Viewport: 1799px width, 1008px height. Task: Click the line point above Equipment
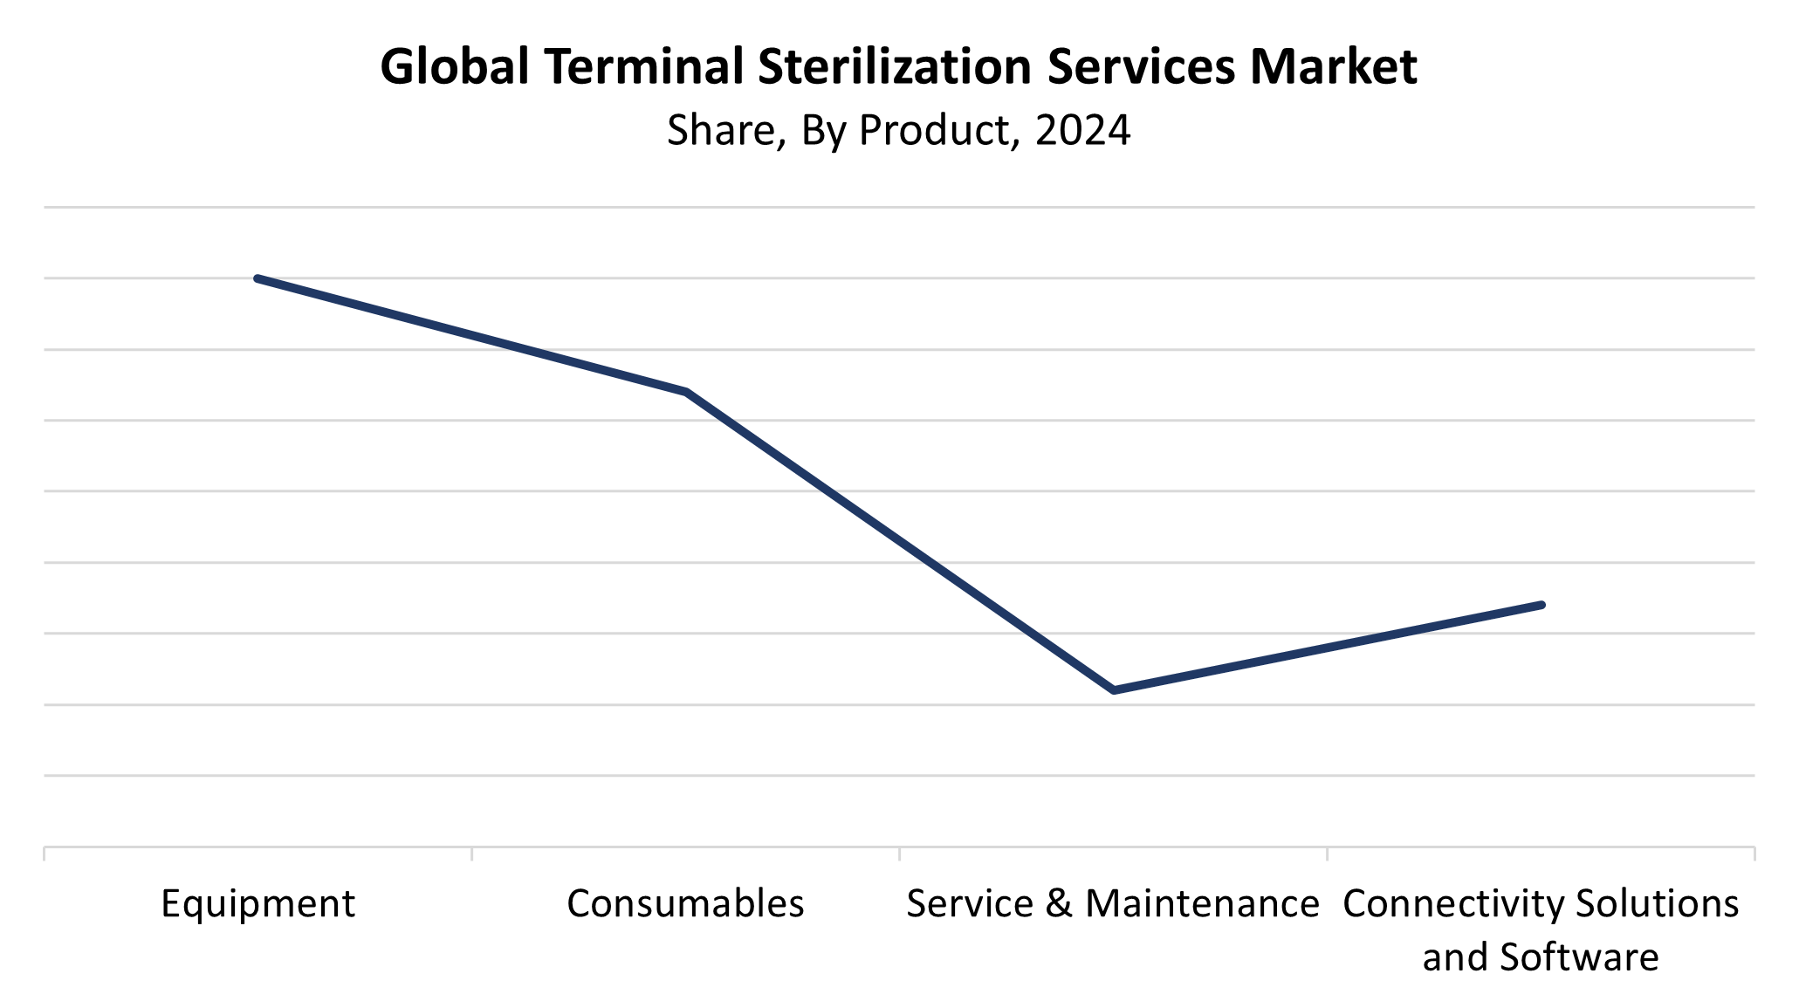(x=257, y=278)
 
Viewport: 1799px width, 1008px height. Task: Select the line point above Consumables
(x=686, y=392)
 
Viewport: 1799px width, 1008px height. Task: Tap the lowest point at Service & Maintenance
(x=1114, y=690)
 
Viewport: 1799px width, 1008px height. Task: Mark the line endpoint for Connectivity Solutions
(x=1542, y=605)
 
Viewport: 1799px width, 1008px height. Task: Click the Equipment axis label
(x=257, y=904)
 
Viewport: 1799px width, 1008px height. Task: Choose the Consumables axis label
(x=685, y=904)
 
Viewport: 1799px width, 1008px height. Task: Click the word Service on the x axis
(x=969, y=904)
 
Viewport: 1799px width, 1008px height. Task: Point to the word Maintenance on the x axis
(x=1202, y=904)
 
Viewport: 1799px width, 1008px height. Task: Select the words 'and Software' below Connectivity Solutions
(x=1541, y=957)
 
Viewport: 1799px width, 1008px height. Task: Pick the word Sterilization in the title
(x=895, y=66)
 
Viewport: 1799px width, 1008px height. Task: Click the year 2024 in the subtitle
(x=1082, y=130)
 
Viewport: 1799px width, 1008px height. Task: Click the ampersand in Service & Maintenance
(x=1058, y=904)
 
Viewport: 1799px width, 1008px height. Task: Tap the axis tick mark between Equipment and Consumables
(x=472, y=853)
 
